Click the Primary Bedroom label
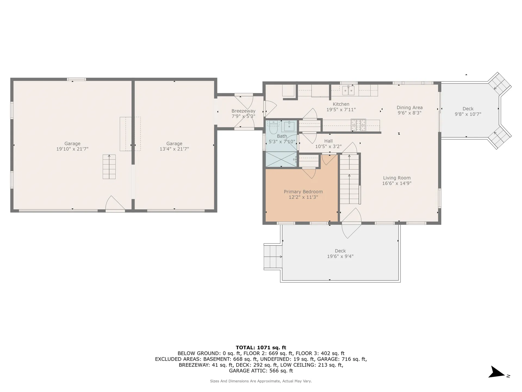(x=303, y=192)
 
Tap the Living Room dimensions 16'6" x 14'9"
(x=397, y=183)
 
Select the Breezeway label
(x=243, y=111)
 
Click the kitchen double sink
(x=348, y=90)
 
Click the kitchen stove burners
(x=358, y=125)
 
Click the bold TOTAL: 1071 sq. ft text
(x=261, y=347)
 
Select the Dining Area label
(x=409, y=108)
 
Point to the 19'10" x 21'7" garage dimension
(x=72, y=149)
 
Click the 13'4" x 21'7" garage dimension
(x=174, y=149)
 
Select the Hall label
(x=328, y=141)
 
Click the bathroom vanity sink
(x=289, y=126)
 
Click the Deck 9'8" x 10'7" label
(x=468, y=111)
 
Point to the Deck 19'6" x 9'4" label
(x=340, y=253)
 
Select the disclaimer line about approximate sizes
(x=261, y=381)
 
